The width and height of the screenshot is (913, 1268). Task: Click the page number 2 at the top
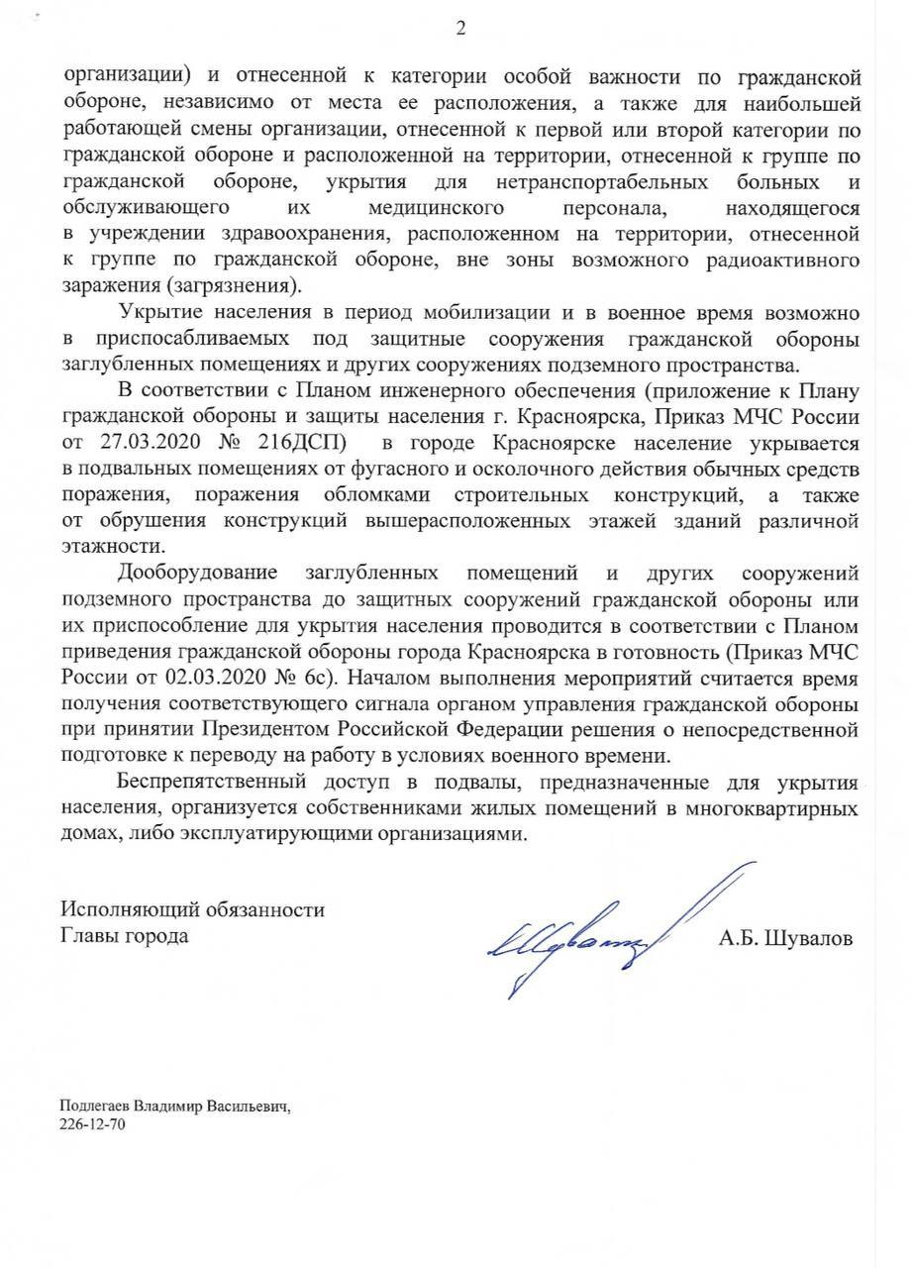tap(459, 29)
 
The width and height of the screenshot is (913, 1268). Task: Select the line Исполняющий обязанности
tap(192, 908)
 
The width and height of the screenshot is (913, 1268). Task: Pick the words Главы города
tap(125, 935)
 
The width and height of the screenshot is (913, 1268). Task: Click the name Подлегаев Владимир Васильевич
tap(175, 1107)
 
